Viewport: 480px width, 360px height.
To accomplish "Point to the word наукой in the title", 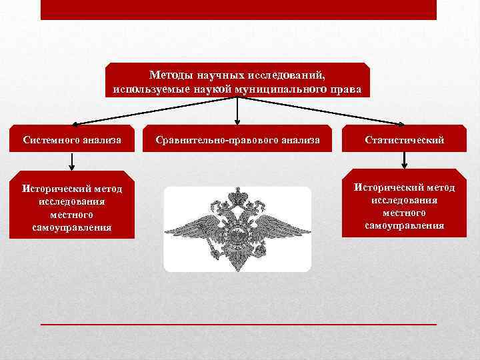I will [x=205, y=89].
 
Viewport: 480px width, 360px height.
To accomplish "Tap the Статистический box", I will [x=404, y=140].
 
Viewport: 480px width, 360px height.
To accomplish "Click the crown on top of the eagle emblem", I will [x=237, y=196].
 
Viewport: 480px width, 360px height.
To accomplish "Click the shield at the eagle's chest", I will [x=237, y=234].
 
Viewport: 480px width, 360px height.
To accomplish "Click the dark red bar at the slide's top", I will [x=238, y=9].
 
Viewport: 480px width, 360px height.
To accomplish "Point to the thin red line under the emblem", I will [x=238, y=323].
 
